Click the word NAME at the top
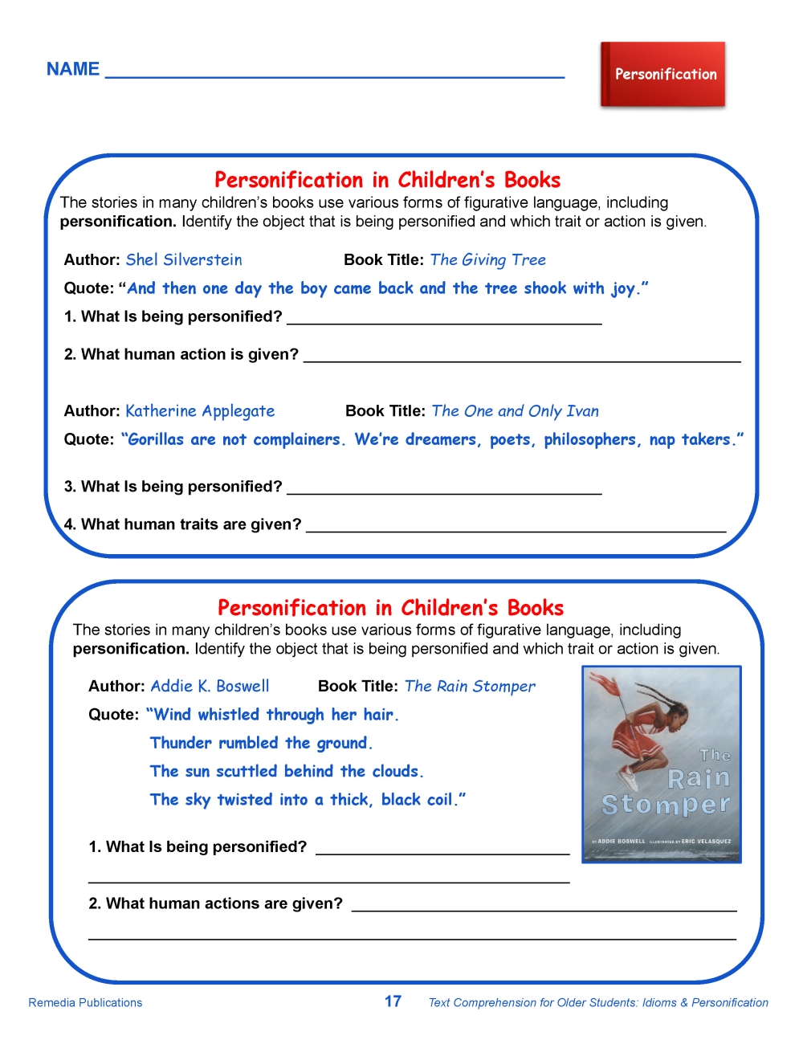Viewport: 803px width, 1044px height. (x=73, y=69)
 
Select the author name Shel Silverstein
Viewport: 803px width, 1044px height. (x=184, y=259)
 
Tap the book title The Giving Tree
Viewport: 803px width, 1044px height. (x=487, y=259)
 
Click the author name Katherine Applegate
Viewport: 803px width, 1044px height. (x=200, y=411)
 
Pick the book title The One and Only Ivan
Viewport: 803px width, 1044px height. (x=515, y=411)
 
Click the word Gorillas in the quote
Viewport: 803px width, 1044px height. (x=156, y=439)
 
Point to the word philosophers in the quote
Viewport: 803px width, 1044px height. (x=590, y=439)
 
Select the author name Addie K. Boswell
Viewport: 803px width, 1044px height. (x=210, y=686)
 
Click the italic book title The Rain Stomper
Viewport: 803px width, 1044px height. (x=470, y=686)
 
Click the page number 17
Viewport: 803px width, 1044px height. (x=393, y=1001)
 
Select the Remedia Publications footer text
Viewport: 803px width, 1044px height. (x=85, y=1002)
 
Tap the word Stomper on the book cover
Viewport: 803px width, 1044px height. (x=666, y=804)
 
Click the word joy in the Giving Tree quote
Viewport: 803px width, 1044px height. (x=623, y=288)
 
